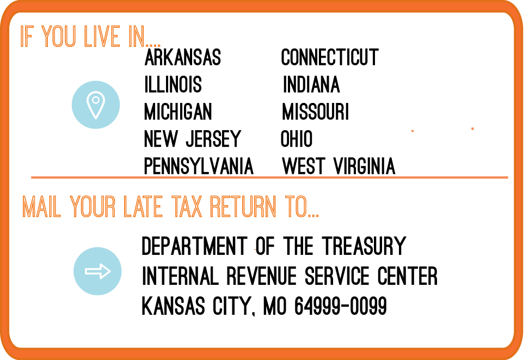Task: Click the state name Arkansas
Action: point(182,57)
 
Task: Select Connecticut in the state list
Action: point(330,57)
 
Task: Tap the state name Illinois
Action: point(173,84)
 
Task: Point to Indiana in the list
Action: point(311,84)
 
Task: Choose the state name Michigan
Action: point(178,112)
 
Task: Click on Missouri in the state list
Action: point(316,112)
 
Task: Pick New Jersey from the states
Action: point(193,139)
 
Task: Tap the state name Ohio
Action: point(297,139)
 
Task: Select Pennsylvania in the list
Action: point(199,166)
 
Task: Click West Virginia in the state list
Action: point(339,166)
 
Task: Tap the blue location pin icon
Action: point(96,105)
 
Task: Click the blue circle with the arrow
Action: point(97,271)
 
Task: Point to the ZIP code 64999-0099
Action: point(341,306)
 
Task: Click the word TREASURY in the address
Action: point(364,246)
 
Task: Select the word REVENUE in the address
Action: point(261,276)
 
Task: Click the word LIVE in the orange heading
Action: point(102,36)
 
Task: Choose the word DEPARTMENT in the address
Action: point(194,246)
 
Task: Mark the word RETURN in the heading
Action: point(243,206)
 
